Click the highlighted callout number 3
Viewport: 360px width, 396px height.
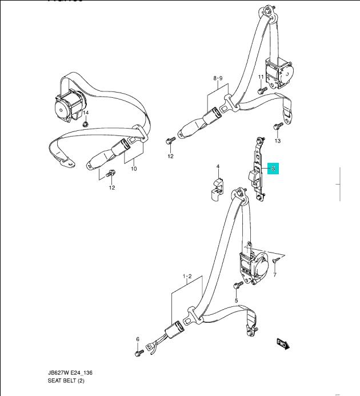[x=273, y=169]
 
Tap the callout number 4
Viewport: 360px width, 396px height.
[x=218, y=167]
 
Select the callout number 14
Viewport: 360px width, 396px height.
[x=87, y=113]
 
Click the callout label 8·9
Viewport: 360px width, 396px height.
[x=217, y=78]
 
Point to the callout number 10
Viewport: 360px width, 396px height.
[x=134, y=169]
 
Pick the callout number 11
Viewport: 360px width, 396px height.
[x=261, y=77]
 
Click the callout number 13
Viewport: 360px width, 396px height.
[x=278, y=141]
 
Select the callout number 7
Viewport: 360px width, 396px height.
[x=274, y=275]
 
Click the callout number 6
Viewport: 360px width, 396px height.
[x=138, y=339]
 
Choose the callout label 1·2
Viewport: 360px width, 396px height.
[x=187, y=277]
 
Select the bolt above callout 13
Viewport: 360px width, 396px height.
[x=278, y=127]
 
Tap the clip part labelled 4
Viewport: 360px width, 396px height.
[x=215, y=189]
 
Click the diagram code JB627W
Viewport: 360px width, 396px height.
[x=62, y=373]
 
